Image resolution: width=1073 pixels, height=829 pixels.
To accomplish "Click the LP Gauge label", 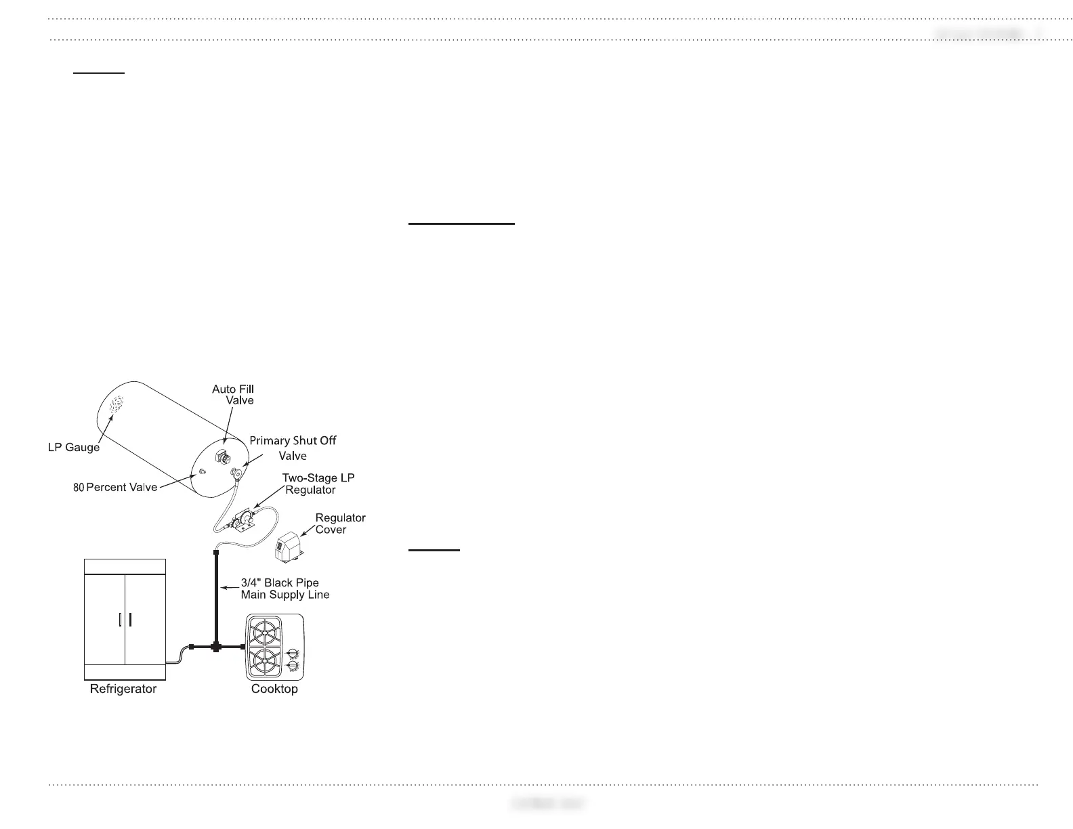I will pos(73,448).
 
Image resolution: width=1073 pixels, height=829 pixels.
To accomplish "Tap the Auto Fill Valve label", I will pos(234,395).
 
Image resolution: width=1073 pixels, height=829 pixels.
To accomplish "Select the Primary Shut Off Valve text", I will pos(293,448).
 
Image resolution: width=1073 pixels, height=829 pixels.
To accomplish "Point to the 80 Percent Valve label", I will pos(115,487).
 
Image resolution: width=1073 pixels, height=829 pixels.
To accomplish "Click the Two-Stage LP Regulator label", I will pos(317,484).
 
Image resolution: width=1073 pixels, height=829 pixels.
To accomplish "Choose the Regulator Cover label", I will pos(340,524).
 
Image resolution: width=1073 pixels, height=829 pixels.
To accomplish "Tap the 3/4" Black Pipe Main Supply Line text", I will pos(285,589).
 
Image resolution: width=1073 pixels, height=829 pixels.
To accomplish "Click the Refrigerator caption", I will pos(123,689).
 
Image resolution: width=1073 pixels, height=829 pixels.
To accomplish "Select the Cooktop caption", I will pos(274,689).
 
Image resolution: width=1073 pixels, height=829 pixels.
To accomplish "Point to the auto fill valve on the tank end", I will pos(222,456).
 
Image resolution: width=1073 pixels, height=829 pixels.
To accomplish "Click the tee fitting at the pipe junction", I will pos(216,647).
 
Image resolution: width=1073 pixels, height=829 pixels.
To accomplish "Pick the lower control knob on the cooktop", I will pos(293,667).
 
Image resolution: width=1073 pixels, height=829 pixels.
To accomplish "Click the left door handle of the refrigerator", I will pos(120,620).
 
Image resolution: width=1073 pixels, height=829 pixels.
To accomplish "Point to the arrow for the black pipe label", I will pos(229,588).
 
